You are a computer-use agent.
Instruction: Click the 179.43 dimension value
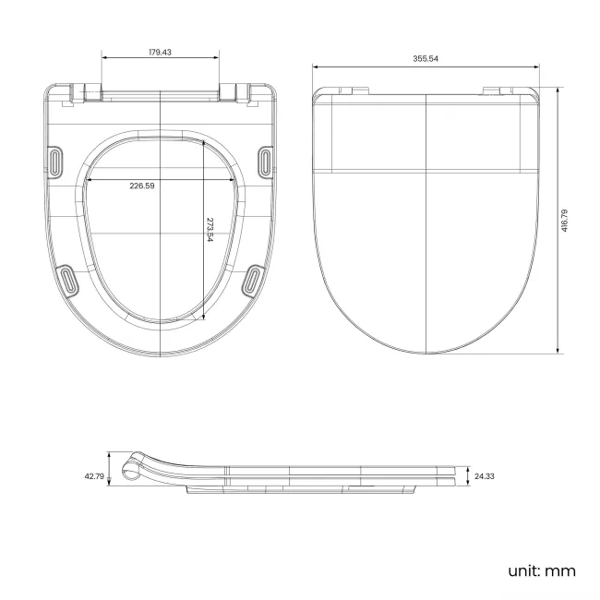(160, 53)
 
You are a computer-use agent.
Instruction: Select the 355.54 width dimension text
(426, 58)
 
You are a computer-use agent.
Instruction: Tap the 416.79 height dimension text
(564, 221)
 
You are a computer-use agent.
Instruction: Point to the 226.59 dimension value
(142, 186)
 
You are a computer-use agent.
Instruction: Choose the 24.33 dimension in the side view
(484, 476)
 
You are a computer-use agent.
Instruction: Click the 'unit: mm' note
(541, 570)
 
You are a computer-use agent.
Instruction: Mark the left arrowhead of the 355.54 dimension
(315, 66)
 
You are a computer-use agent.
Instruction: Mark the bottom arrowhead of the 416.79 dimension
(558, 351)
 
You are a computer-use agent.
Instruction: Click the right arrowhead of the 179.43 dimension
(219, 58)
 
